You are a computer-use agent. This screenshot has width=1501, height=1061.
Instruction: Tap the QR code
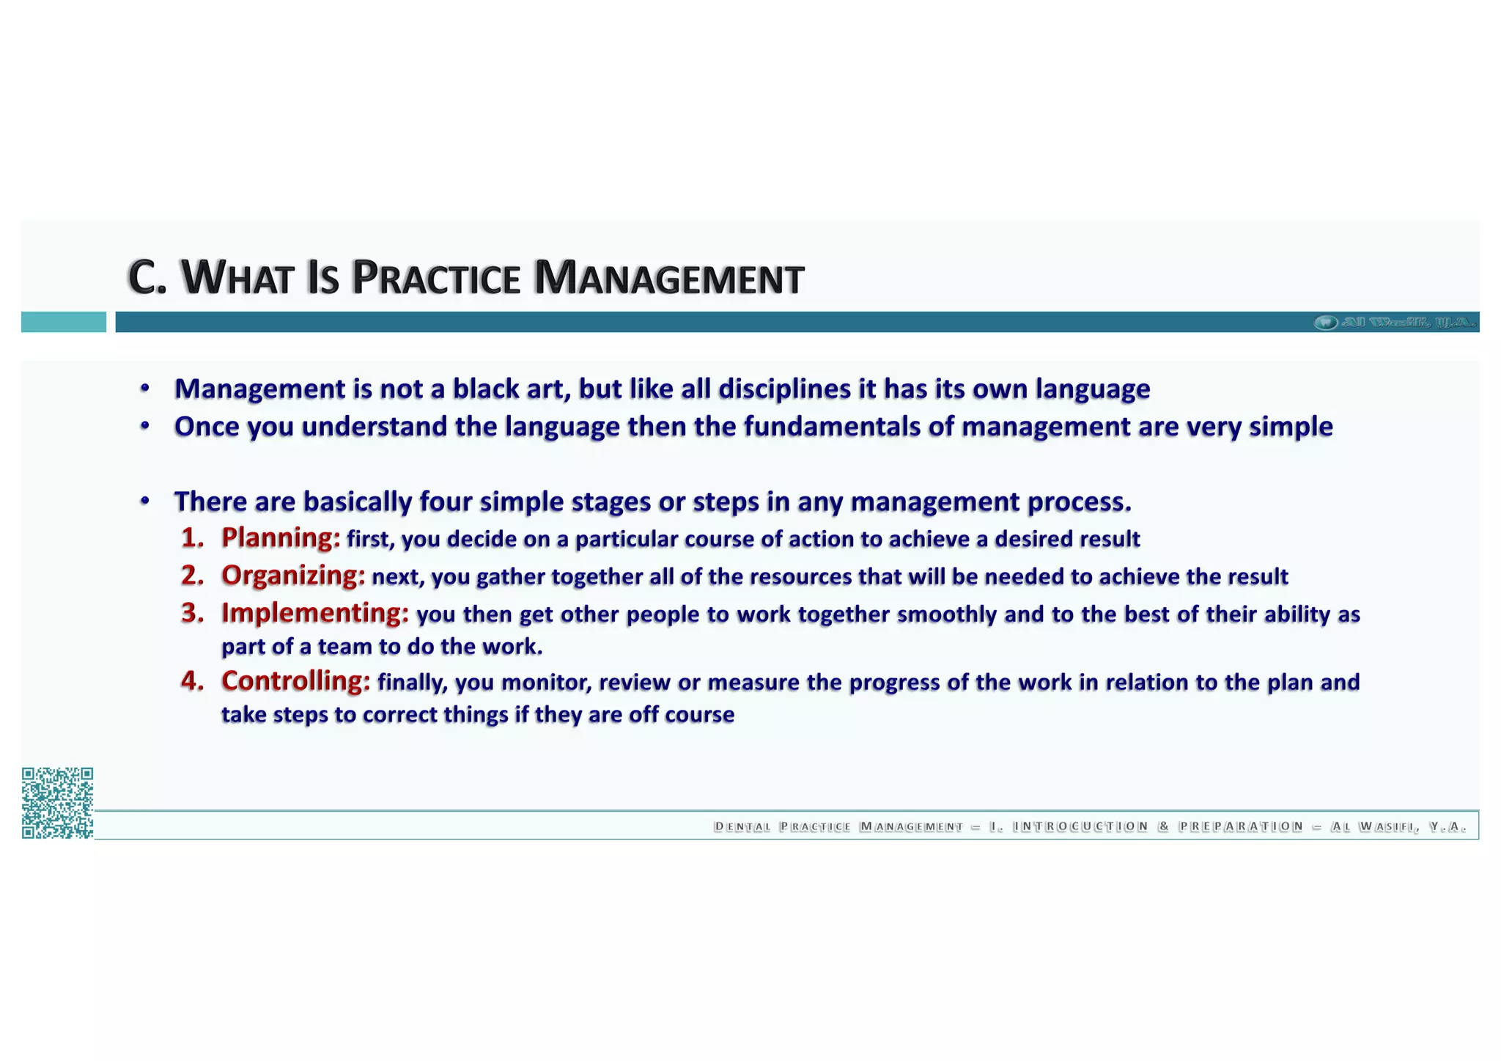point(57,802)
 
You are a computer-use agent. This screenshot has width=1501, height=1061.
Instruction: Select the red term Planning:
point(281,537)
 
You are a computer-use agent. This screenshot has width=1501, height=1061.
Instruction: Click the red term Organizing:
point(293,575)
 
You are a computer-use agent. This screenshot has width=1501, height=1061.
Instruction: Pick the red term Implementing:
point(315,612)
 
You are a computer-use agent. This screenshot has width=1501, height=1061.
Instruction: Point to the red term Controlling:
point(296,680)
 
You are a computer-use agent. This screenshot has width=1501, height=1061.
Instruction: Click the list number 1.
point(192,537)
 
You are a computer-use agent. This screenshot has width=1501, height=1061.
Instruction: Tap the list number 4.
point(192,680)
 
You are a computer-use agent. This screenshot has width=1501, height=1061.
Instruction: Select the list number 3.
point(192,612)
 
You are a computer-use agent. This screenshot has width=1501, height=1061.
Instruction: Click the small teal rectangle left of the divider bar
point(64,322)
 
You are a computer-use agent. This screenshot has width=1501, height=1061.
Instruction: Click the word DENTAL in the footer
point(742,827)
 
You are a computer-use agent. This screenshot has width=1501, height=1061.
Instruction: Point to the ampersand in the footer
point(1163,826)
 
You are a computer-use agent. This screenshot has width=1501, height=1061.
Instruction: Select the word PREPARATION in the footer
point(1241,826)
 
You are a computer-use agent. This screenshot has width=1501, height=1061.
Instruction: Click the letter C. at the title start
point(147,278)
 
